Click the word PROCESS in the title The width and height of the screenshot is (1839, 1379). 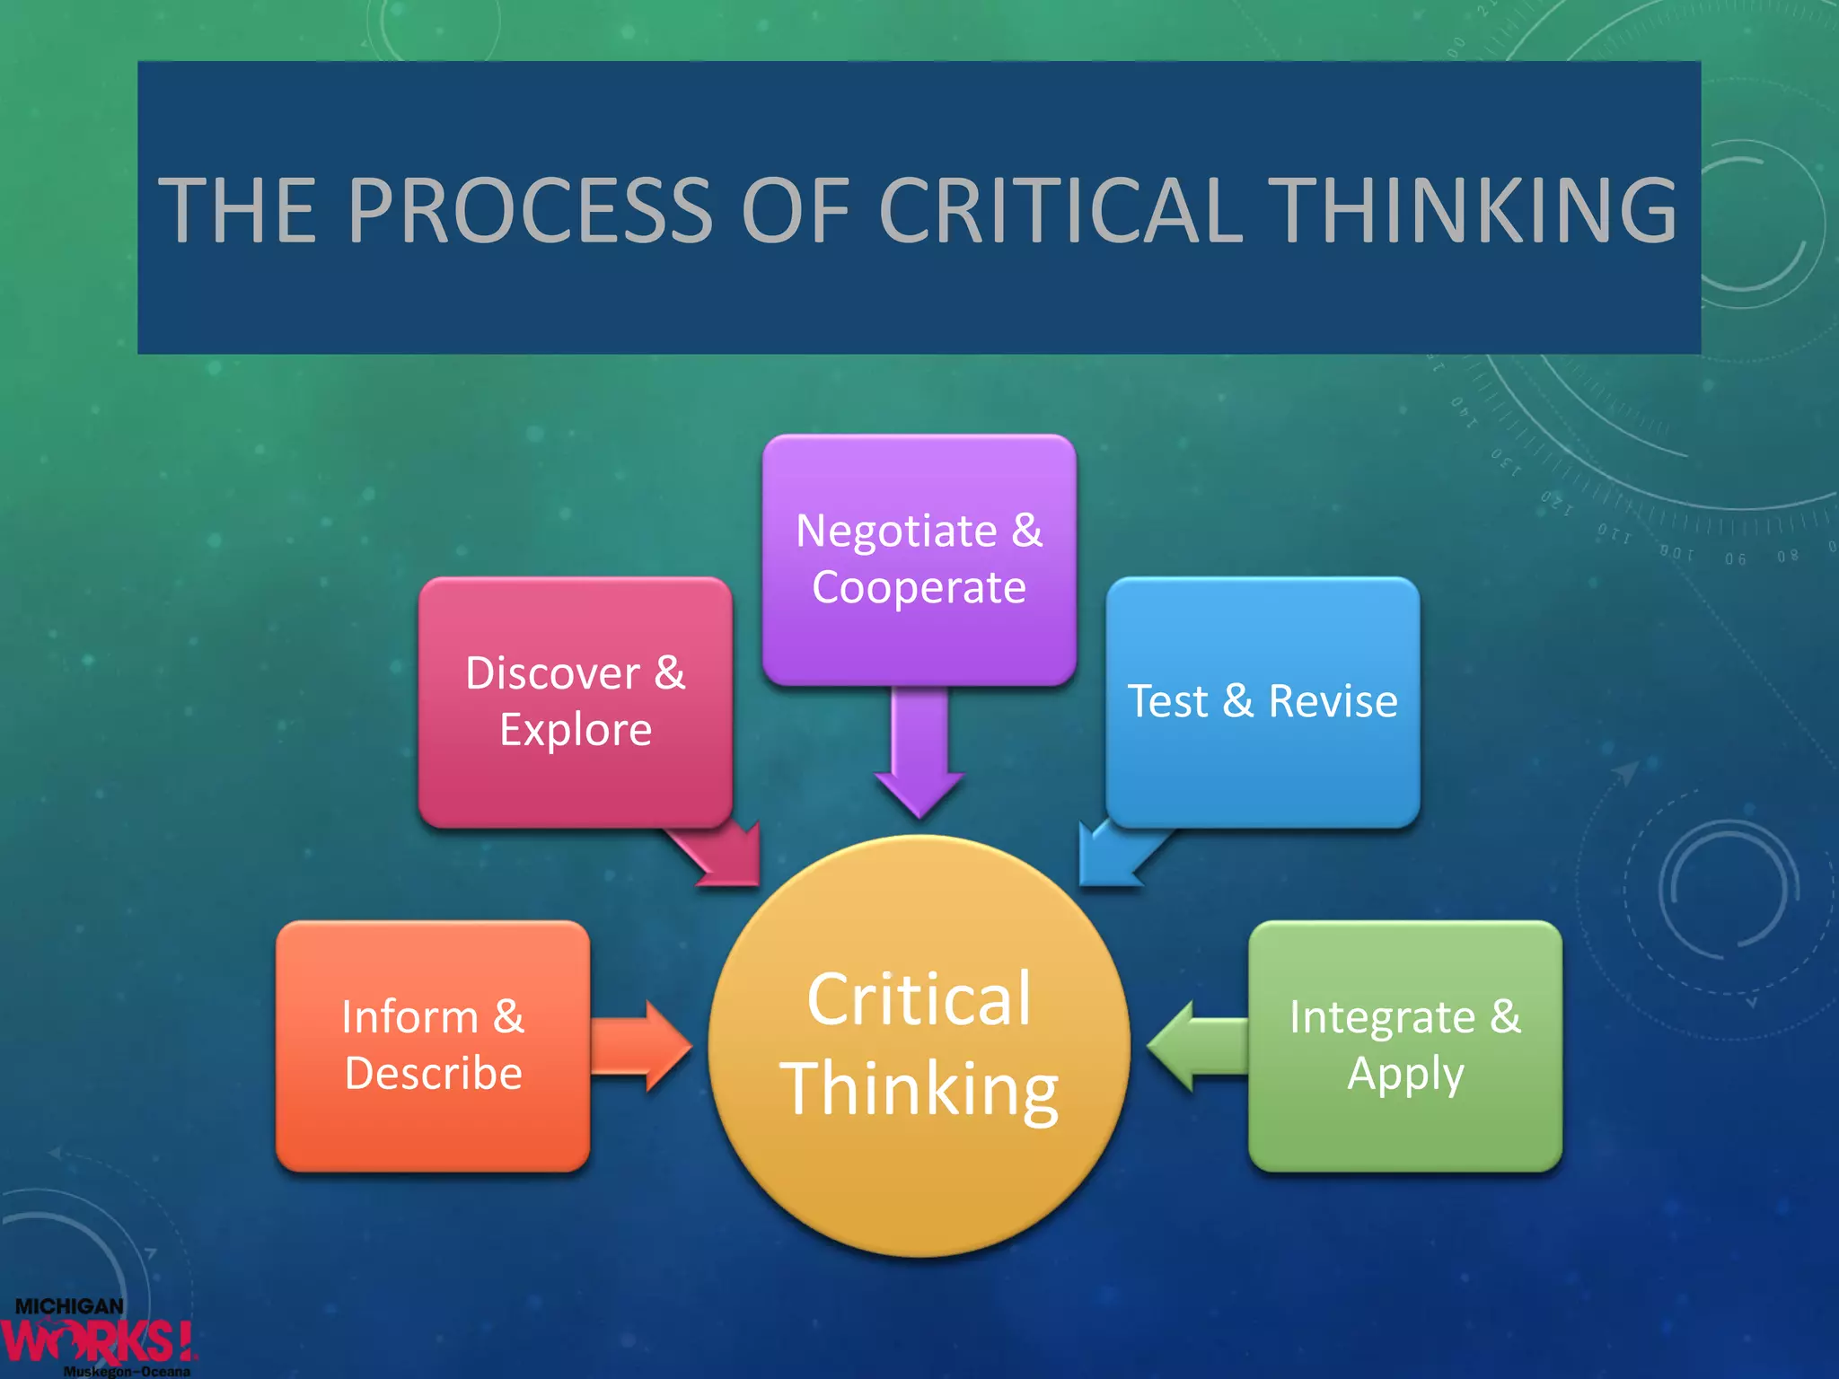coord(530,210)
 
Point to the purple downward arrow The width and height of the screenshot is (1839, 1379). coord(919,754)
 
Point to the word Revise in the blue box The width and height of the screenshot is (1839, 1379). coord(1333,701)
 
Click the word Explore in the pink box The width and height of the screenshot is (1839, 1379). coord(576,730)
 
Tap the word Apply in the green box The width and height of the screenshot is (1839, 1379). coord(1405,1074)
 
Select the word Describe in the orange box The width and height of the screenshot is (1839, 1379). coord(433,1074)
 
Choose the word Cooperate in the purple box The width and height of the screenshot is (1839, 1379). coord(919,588)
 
